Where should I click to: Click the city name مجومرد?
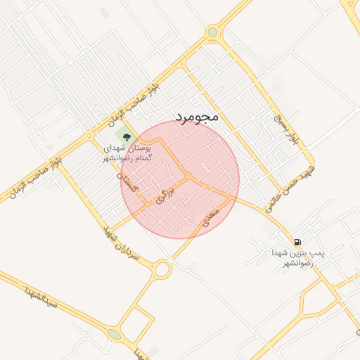coord(198,117)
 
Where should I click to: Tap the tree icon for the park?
coord(127,136)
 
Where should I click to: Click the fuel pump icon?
coord(298,241)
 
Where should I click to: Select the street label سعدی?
coord(211,215)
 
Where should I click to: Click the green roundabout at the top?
coord(212,32)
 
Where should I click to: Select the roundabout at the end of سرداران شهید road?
coord(163,269)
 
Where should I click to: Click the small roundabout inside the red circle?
coord(188,176)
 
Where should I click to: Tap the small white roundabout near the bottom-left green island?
coord(86,335)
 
